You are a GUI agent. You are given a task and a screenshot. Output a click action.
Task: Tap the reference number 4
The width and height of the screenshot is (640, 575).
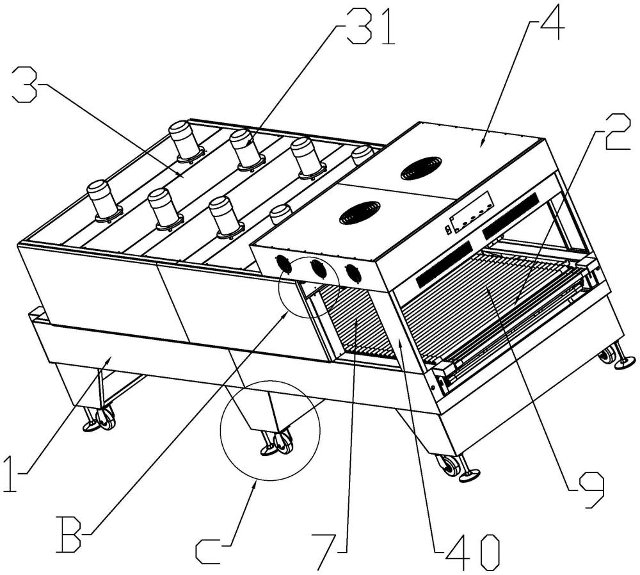point(551,23)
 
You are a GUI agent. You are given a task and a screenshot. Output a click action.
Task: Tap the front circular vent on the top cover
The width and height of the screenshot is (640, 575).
point(360,213)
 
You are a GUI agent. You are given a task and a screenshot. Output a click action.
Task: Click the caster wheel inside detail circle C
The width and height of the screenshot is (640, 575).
point(284,443)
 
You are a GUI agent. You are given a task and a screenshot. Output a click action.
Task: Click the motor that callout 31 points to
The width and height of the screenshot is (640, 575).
point(245,149)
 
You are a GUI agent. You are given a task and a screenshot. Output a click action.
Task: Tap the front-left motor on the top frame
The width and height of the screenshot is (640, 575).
point(104,201)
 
